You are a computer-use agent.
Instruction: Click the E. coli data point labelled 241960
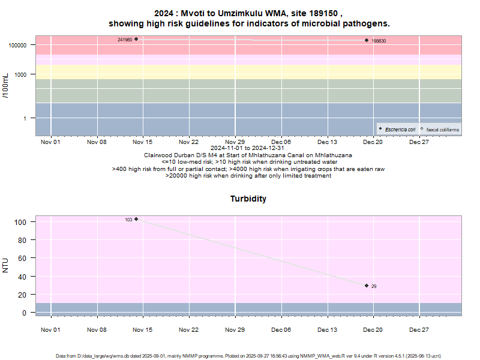136,39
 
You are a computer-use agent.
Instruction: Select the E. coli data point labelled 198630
367,41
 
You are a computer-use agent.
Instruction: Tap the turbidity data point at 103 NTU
136,219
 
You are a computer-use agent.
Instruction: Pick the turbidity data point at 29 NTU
367,286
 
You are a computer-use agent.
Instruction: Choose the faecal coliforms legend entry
440,130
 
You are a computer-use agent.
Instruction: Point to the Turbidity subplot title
248,199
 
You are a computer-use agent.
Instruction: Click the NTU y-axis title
6,265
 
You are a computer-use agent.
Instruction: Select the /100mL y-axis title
6,85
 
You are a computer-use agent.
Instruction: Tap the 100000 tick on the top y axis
20,45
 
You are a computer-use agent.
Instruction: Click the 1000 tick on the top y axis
23,74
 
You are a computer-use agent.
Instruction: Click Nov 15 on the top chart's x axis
143,142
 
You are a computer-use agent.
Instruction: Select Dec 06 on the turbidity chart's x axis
281,330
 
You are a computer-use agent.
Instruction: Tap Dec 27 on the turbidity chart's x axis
419,330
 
